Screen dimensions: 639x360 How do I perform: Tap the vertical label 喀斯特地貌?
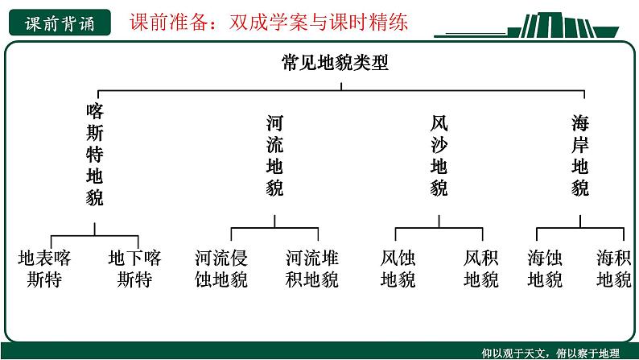point(95,154)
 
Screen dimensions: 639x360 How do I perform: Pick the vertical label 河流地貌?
point(274,156)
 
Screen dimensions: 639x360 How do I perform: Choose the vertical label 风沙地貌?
point(439,156)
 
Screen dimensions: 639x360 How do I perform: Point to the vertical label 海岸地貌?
point(580,156)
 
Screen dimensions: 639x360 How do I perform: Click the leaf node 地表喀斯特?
point(44,269)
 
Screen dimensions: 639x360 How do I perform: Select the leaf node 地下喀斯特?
point(134,269)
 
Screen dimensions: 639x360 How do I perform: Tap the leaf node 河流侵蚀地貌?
point(221,269)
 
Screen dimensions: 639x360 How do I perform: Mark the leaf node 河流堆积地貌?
point(312,269)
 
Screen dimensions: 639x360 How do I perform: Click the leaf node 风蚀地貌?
point(398,269)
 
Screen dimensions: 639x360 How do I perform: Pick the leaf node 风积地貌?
point(481,269)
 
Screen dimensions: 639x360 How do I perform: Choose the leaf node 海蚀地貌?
point(545,269)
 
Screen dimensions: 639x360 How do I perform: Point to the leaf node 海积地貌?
point(614,269)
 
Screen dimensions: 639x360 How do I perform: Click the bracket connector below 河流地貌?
point(274,227)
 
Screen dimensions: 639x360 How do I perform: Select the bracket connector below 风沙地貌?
point(439,227)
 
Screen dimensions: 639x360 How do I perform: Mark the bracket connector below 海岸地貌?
point(580,227)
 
